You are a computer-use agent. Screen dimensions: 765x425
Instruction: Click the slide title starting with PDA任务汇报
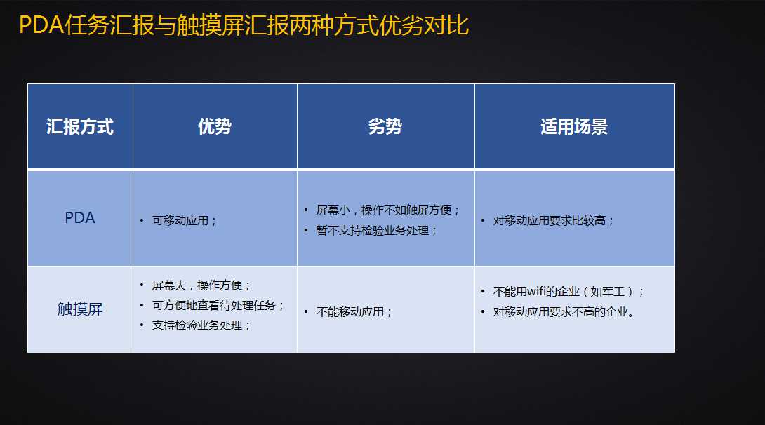244,25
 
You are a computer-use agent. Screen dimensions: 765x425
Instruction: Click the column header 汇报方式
80,127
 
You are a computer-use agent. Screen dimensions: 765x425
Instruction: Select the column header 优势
215,127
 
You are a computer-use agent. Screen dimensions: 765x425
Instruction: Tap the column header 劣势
385,127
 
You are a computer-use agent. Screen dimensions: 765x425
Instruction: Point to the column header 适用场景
574,127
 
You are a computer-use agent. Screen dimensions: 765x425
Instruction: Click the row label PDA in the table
80,218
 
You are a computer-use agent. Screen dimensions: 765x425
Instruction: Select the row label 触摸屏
80,309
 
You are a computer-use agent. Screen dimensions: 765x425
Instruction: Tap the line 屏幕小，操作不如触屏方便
387,210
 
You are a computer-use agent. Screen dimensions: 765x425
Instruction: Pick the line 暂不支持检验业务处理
376,231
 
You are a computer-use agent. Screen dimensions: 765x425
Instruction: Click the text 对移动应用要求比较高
553,221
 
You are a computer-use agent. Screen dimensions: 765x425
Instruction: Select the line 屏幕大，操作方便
201,285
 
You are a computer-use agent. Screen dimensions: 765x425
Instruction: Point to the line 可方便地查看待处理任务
218,306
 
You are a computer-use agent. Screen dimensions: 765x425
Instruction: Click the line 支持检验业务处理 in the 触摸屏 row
201,325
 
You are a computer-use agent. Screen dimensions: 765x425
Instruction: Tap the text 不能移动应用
354,312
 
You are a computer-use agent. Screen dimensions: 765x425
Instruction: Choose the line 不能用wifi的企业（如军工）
568,292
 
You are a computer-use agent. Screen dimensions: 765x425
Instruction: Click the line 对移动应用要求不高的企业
564,312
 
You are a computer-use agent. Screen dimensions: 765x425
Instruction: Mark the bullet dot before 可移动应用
142,221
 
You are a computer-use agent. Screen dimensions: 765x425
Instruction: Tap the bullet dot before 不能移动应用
306,312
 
